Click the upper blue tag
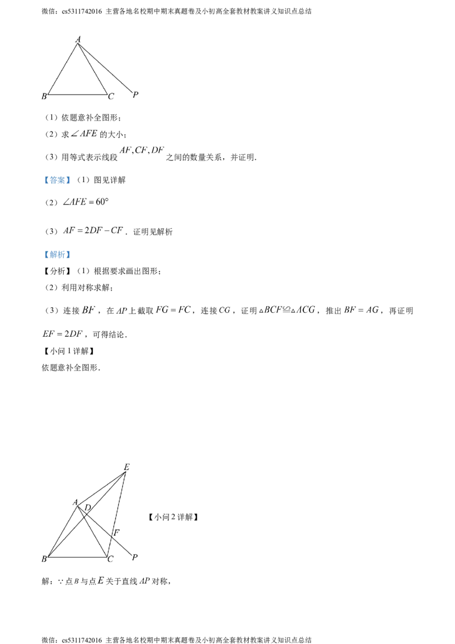57,180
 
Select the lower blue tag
57,255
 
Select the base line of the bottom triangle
91,555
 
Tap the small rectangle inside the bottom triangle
105,503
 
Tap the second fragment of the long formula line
122,310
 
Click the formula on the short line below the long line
63,335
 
